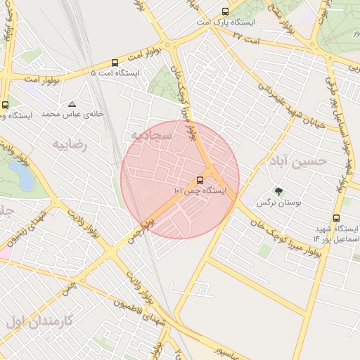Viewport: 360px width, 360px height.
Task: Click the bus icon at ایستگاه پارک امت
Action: click(x=225, y=11)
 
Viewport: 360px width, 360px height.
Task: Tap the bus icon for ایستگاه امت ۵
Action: click(x=115, y=63)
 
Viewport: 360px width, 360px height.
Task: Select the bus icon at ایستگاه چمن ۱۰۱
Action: click(x=200, y=179)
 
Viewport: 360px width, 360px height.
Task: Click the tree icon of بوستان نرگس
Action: click(x=278, y=191)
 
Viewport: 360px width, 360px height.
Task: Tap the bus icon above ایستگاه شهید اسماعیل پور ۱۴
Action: click(x=336, y=218)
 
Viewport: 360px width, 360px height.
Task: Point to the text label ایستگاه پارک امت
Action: click(x=225, y=22)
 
